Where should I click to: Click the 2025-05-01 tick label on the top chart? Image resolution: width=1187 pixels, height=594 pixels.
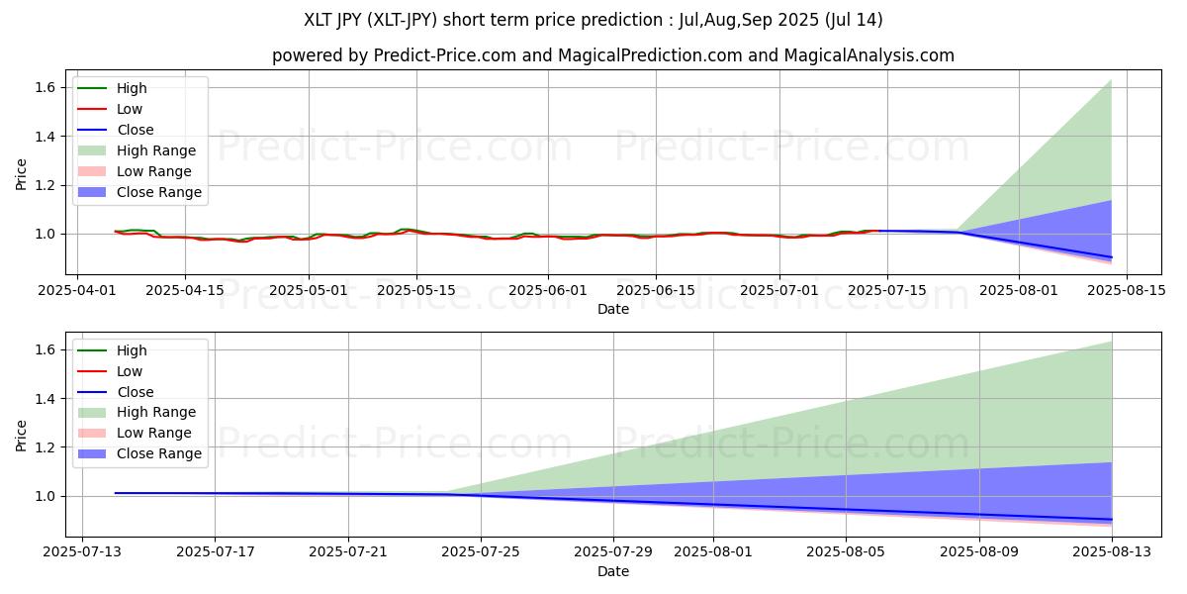[x=308, y=290]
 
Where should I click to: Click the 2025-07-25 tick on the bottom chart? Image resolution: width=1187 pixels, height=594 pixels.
[x=481, y=552]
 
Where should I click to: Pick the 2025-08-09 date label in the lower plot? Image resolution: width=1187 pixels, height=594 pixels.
[x=979, y=552]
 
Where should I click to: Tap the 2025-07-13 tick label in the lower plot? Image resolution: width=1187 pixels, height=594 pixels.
[x=82, y=552]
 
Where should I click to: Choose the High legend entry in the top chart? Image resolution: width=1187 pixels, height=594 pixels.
[x=132, y=88]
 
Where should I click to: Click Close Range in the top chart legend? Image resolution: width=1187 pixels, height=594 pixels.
[x=158, y=192]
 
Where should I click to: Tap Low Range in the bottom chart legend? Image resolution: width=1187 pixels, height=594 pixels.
[x=153, y=433]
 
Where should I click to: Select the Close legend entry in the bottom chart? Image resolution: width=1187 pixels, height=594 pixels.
[x=136, y=392]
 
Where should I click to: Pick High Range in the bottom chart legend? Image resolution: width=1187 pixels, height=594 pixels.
[x=156, y=412]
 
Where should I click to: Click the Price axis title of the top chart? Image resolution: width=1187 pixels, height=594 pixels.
[x=22, y=173]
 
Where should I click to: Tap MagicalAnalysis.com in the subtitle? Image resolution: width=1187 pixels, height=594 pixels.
[x=869, y=55]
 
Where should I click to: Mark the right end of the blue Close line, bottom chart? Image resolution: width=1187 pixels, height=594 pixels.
[x=1112, y=520]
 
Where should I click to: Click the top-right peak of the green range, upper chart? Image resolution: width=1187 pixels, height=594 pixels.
[x=1111, y=80]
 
